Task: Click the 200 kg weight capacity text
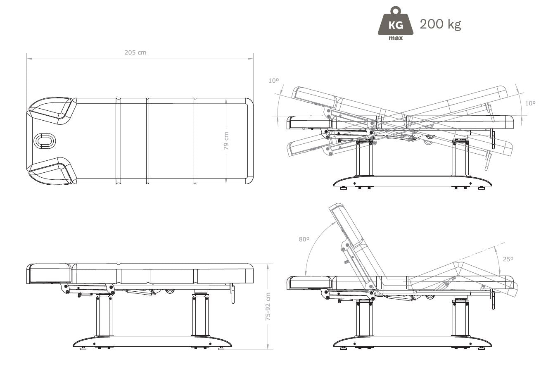tap(440, 24)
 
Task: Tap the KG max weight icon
tap(396, 24)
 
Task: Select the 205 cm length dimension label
tap(135, 52)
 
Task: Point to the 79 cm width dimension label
tap(226, 141)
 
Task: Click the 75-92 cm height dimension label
tap(268, 307)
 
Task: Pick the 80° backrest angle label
tap(304, 239)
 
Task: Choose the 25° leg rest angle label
tap(508, 259)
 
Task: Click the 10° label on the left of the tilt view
tap(273, 81)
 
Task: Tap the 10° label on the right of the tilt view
tap(530, 103)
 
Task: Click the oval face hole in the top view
tap(45, 141)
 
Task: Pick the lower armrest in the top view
tap(52, 171)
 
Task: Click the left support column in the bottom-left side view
tap(104, 315)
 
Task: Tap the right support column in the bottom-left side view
tap(200, 315)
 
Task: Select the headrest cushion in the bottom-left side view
tap(50, 274)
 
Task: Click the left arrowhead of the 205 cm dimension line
tap(29, 59)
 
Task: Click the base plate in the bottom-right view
tap(413, 342)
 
